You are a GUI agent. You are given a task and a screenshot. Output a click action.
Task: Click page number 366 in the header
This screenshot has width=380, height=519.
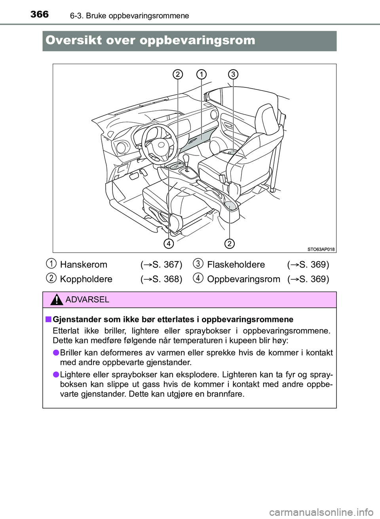point(40,15)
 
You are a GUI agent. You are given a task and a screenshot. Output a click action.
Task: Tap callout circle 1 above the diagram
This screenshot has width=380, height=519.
point(201,74)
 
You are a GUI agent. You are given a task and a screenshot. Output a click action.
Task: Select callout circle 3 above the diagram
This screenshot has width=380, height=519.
point(233,74)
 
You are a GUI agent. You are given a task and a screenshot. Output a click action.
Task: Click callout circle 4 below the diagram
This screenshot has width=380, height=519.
point(169,243)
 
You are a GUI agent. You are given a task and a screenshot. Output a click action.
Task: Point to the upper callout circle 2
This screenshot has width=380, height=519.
point(178,74)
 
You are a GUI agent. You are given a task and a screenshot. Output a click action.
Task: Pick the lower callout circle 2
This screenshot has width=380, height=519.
point(229,243)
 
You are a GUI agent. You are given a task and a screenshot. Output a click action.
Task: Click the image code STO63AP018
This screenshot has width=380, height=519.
point(321,249)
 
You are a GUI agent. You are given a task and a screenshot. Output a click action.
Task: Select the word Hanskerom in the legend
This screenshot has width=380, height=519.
point(84,265)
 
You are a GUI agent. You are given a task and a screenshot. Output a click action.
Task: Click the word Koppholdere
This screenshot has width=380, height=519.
point(86,279)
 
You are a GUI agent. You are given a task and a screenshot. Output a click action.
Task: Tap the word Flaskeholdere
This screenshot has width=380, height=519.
point(236,265)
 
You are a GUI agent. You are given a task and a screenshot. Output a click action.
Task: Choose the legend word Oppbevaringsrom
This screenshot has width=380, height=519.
point(243,279)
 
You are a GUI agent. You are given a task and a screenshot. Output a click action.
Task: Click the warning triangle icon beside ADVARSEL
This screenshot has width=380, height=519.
point(57,300)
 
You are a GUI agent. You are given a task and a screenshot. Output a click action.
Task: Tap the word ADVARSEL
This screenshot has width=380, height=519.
point(87,300)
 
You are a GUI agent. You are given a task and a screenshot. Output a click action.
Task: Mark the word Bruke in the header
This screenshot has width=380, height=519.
point(96,16)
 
